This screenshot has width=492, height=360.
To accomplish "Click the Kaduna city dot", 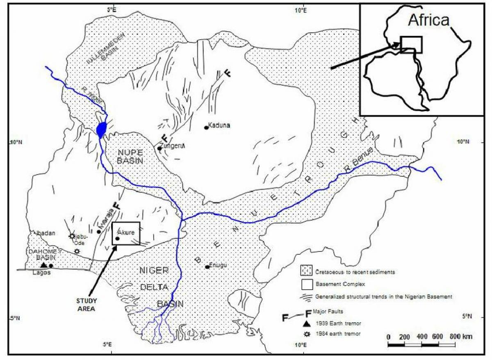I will [206, 128].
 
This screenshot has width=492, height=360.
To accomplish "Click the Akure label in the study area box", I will [127, 232].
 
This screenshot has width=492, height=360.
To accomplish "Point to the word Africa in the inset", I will [429, 20].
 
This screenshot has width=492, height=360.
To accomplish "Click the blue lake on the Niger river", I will [101, 129].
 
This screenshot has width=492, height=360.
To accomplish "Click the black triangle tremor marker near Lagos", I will [43, 265].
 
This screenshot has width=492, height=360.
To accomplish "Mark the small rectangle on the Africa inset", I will [411, 44].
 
